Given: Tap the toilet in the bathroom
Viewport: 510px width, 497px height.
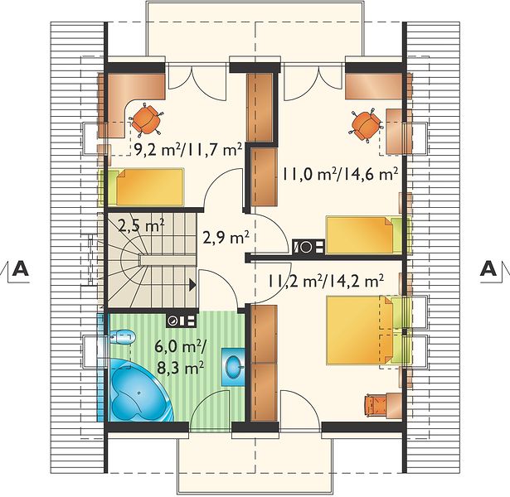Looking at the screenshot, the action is click(122, 337).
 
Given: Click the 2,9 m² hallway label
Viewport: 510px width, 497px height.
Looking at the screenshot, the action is click(226, 238).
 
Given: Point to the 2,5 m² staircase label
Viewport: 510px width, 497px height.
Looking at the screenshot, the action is click(140, 225).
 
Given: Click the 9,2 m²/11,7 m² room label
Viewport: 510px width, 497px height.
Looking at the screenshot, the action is click(188, 150).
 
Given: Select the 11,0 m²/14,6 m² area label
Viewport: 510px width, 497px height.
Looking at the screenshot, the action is click(340, 175).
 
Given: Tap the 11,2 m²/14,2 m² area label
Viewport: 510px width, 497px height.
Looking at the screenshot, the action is click(326, 281).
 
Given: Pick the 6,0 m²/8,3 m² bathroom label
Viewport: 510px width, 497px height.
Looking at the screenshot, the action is click(179, 357).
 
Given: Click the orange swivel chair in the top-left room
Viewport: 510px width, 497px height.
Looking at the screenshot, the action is click(145, 120).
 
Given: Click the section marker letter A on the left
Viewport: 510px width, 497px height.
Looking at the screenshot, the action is click(20, 268).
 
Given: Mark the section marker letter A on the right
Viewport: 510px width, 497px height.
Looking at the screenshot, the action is click(488, 268).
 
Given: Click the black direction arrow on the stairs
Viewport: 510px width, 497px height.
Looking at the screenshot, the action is click(192, 285).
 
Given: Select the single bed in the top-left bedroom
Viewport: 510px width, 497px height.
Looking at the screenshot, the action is click(141, 187).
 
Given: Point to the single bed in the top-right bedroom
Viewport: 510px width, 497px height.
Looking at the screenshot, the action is click(368, 235).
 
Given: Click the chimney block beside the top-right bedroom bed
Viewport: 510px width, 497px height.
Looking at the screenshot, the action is click(308, 247).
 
